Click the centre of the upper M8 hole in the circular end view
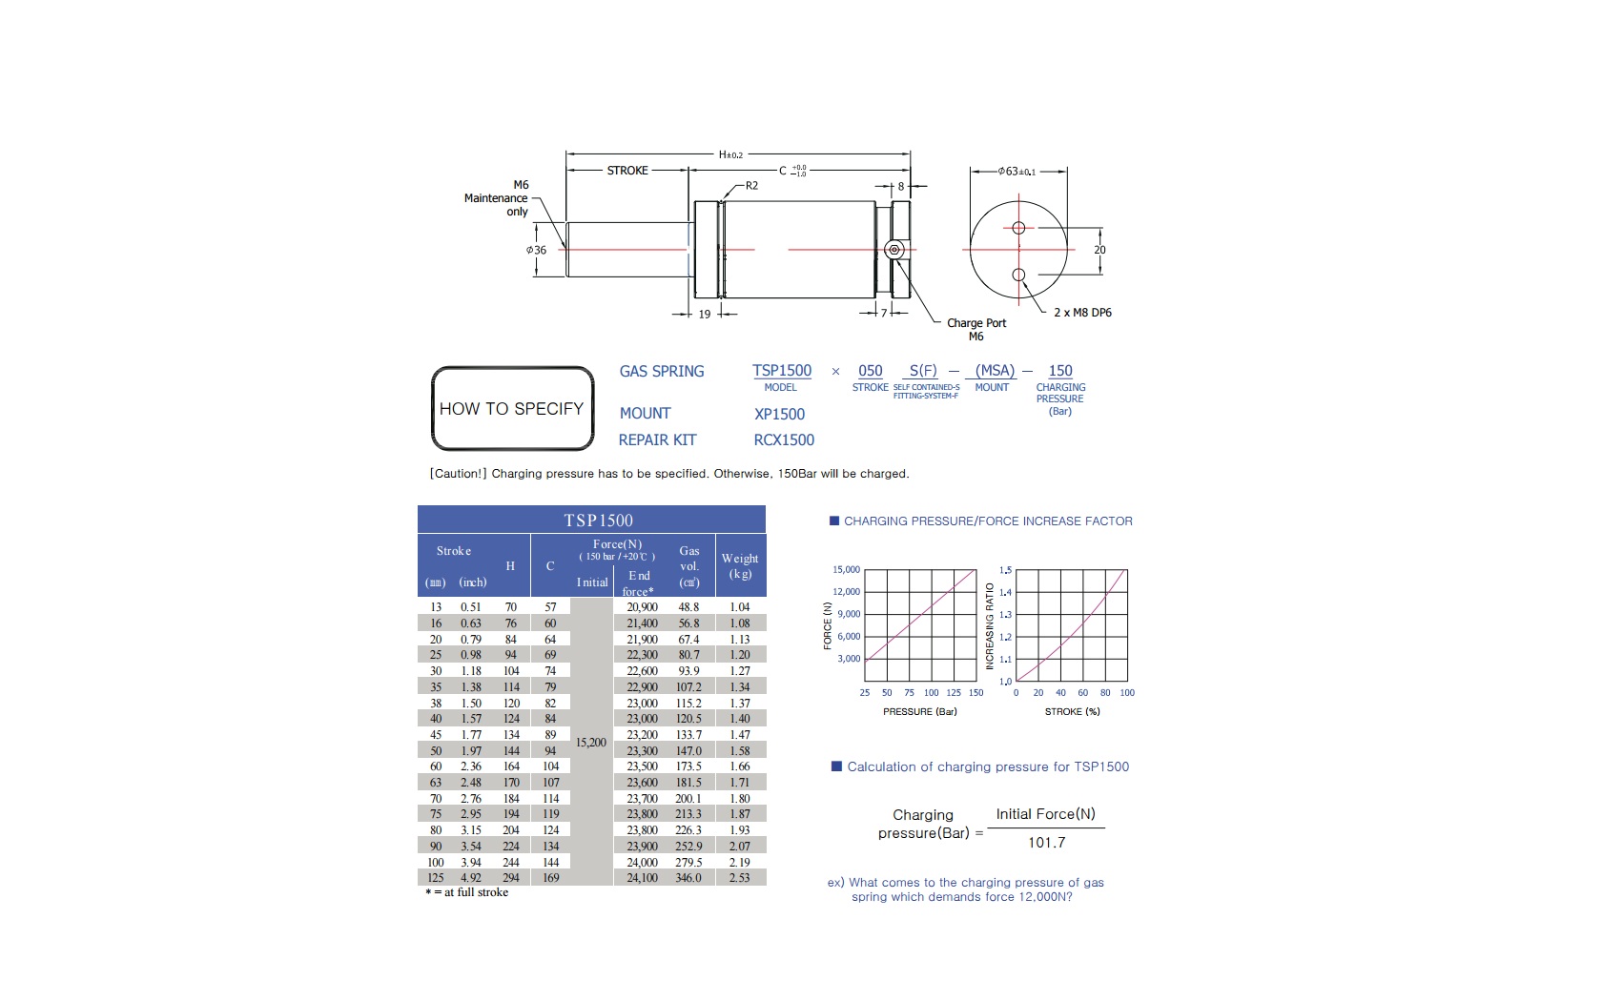pyautogui.click(x=1018, y=228)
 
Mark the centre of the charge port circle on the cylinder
pyautogui.click(x=894, y=250)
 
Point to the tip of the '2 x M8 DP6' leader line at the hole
pyautogui.click(x=1023, y=283)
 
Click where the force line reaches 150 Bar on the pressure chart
pyautogui.click(x=976, y=570)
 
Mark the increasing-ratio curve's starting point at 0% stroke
pyautogui.click(x=1017, y=680)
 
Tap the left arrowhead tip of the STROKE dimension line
pyautogui.click(x=566, y=170)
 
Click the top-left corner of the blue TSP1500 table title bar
pyautogui.click(x=418, y=505)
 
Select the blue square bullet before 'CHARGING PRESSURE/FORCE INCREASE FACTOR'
pyautogui.click(x=833, y=521)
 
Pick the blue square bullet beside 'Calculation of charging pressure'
pyautogui.click(x=836, y=766)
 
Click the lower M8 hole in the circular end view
pyautogui.click(x=1018, y=275)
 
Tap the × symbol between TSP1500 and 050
pyautogui.click(x=835, y=371)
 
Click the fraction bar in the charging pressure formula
pyautogui.click(x=1045, y=827)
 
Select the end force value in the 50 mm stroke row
pyautogui.click(x=643, y=751)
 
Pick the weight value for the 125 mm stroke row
pyautogui.click(x=740, y=877)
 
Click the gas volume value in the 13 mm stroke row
pyautogui.click(x=688, y=607)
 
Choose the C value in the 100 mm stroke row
pyautogui.click(x=551, y=862)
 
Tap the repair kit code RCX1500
pyautogui.click(x=784, y=439)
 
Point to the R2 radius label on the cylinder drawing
pyautogui.click(x=751, y=185)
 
